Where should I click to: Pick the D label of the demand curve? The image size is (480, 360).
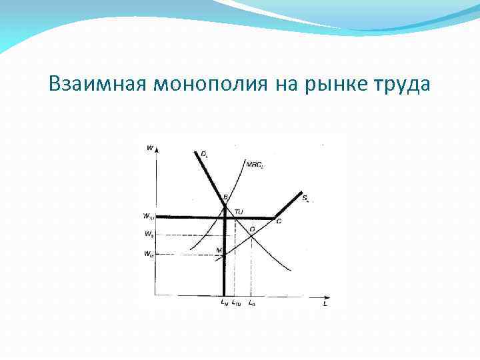coord(204,154)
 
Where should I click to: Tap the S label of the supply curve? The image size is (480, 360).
coord(305,198)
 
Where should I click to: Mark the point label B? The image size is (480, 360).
coord(225,197)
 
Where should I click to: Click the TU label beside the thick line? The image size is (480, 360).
coord(239,212)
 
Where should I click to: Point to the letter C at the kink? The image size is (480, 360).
coord(278,221)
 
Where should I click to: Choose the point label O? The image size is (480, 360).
coord(252,229)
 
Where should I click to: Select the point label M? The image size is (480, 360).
coord(219,250)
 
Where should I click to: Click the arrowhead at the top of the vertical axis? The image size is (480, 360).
coord(155,151)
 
